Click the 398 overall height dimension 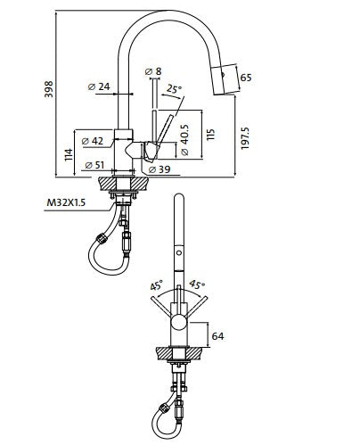49,89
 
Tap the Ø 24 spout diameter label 99,87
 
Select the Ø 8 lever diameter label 153,71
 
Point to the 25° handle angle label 174,89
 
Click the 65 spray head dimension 246,78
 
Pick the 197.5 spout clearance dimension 245,138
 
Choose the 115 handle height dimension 210,135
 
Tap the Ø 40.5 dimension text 184,139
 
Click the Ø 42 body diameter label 93,141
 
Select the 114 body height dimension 69,154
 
